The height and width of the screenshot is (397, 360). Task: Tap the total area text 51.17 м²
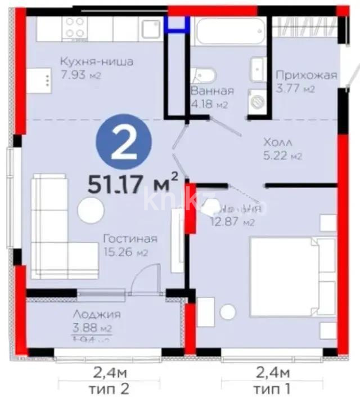click(x=133, y=183)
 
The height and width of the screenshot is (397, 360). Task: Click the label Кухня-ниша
click(x=97, y=62)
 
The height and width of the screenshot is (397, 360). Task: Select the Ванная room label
click(x=211, y=91)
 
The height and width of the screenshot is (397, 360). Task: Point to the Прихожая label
click(x=305, y=75)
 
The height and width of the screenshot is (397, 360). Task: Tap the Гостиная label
click(x=129, y=239)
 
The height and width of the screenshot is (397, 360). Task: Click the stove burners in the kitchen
click(x=75, y=28)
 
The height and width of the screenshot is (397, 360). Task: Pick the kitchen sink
click(x=150, y=29)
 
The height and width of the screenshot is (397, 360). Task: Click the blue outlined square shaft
click(x=177, y=23)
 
